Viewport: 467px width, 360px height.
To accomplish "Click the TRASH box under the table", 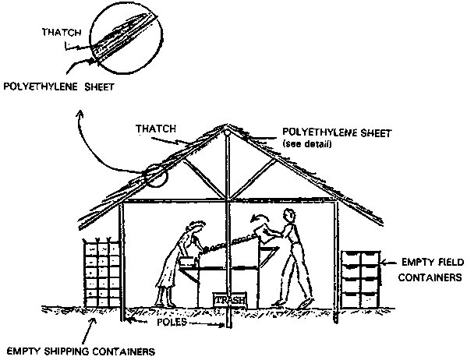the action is click(x=230, y=300).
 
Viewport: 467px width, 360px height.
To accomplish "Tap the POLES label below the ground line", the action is click(x=172, y=322).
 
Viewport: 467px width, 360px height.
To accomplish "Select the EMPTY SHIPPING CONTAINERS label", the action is click(x=81, y=351).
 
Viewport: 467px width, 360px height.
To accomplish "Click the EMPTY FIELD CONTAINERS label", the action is click(x=431, y=270).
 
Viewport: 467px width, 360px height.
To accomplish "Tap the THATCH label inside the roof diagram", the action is click(x=156, y=129).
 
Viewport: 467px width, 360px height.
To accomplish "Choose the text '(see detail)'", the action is click(x=306, y=144).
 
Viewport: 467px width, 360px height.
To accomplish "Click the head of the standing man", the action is click(x=290, y=215).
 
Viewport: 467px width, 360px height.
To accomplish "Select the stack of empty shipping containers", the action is click(x=101, y=272).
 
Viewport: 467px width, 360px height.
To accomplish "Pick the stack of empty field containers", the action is click(x=361, y=280).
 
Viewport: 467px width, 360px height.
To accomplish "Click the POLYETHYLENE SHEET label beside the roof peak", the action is click(x=337, y=132).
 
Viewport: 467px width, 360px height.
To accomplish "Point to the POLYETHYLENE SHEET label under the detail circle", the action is click(x=58, y=86).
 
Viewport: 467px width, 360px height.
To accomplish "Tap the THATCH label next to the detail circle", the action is click(x=62, y=32).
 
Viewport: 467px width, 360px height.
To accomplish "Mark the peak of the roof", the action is click(x=227, y=125).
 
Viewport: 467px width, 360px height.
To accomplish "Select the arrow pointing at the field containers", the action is click(x=389, y=263).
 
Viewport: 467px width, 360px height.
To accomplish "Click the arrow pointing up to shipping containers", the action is click(x=89, y=330).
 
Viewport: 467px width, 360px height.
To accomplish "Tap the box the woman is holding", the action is click(x=187, y=262).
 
